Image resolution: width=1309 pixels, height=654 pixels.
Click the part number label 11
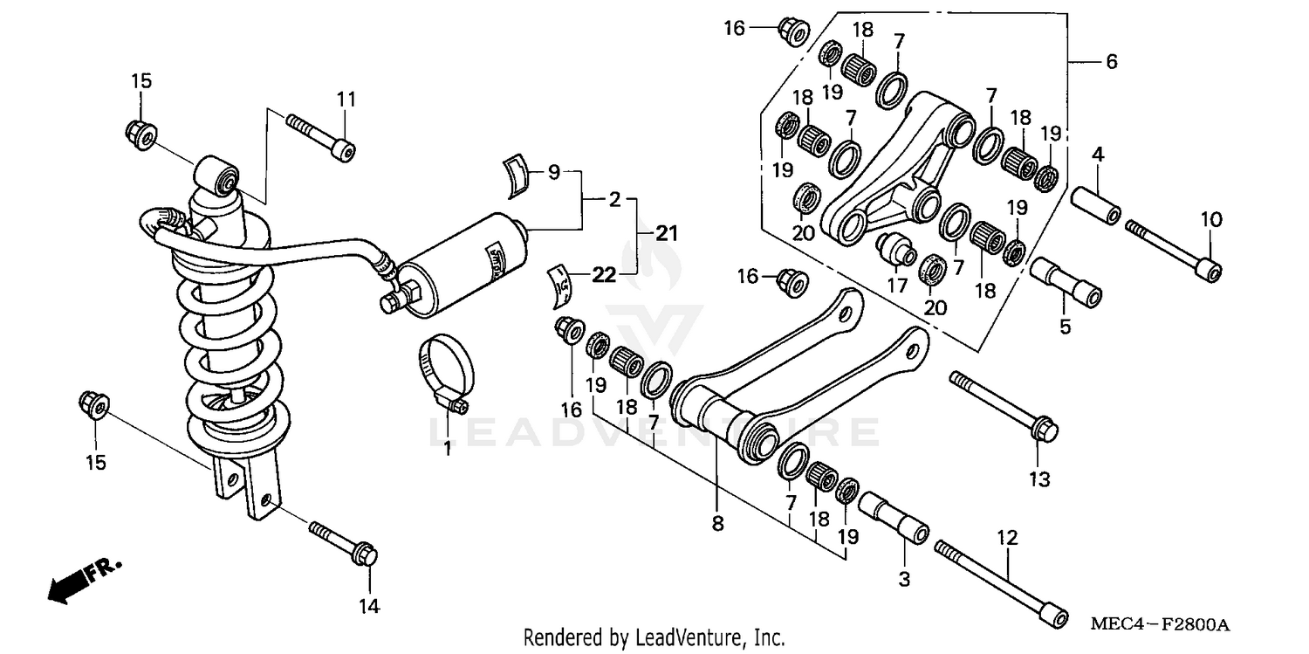tap(346, 100)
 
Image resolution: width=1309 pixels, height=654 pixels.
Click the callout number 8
tap(717, 524)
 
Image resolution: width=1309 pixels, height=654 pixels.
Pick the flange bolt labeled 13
tap(1004, 406)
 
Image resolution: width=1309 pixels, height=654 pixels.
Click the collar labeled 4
tap(1096, 198)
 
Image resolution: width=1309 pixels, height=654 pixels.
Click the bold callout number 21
tap(667, 233)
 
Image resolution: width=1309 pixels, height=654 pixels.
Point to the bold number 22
tap(601, 276)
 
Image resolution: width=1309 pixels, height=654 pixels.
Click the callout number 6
tap(1111, 62)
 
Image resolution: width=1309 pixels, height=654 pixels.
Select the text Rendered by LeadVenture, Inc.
tap(654, 637)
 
